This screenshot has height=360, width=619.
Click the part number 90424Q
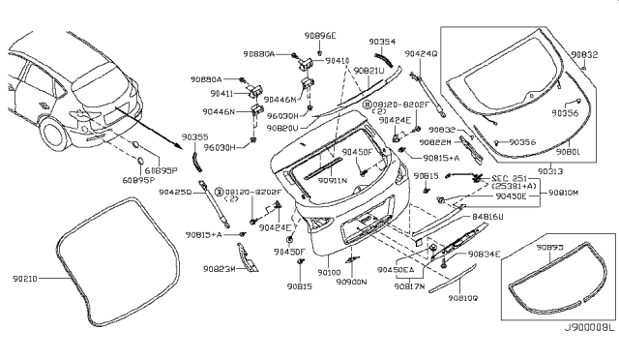coord(422,53)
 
